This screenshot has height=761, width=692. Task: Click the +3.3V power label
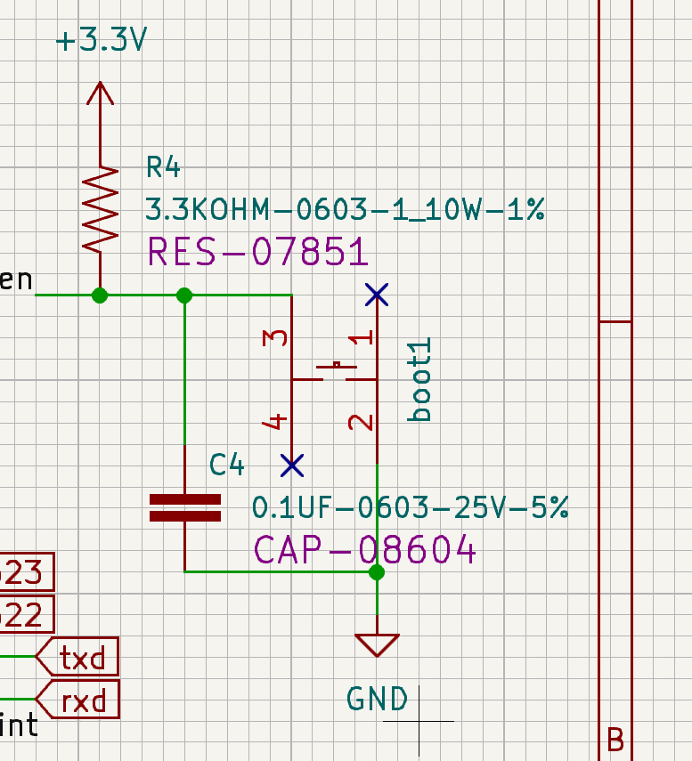pyautogui.click(x=100, y=42)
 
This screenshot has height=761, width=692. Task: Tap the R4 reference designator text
pyautogui.click(x=163, y=166)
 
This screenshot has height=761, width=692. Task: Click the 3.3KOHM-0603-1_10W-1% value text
pyautogui.click(x=345, y=211)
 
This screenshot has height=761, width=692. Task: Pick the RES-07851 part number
pyautogui.click(x=257, y=252)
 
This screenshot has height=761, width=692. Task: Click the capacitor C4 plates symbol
pyautogui.click(x=184, y=508)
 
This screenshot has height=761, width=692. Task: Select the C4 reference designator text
pyautogui.click(x=226, y=464)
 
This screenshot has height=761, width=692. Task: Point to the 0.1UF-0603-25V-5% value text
pyautogui.click(x=411, y=508)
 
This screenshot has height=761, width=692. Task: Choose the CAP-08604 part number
pyautogui.click(x=365, y=551)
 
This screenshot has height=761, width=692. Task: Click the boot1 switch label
pyautogui.click(x=419, y=379)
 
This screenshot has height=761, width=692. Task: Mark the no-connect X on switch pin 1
pyautogui.click(x=377, y=294)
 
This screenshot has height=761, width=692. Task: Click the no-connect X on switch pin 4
pyautogui.click(x=291, y=465)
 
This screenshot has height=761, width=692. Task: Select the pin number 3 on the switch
pyautogui.click(x=277, y=338)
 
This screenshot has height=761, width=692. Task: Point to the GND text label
pyautogui.click(x=377, y=700)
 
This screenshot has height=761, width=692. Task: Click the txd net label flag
pyautogui.click(x=77, y=659)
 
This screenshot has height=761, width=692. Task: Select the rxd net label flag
pyautogui.click(x=77, y=701)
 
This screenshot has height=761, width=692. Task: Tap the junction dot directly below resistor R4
pyautogui.click(x=100, y=295)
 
